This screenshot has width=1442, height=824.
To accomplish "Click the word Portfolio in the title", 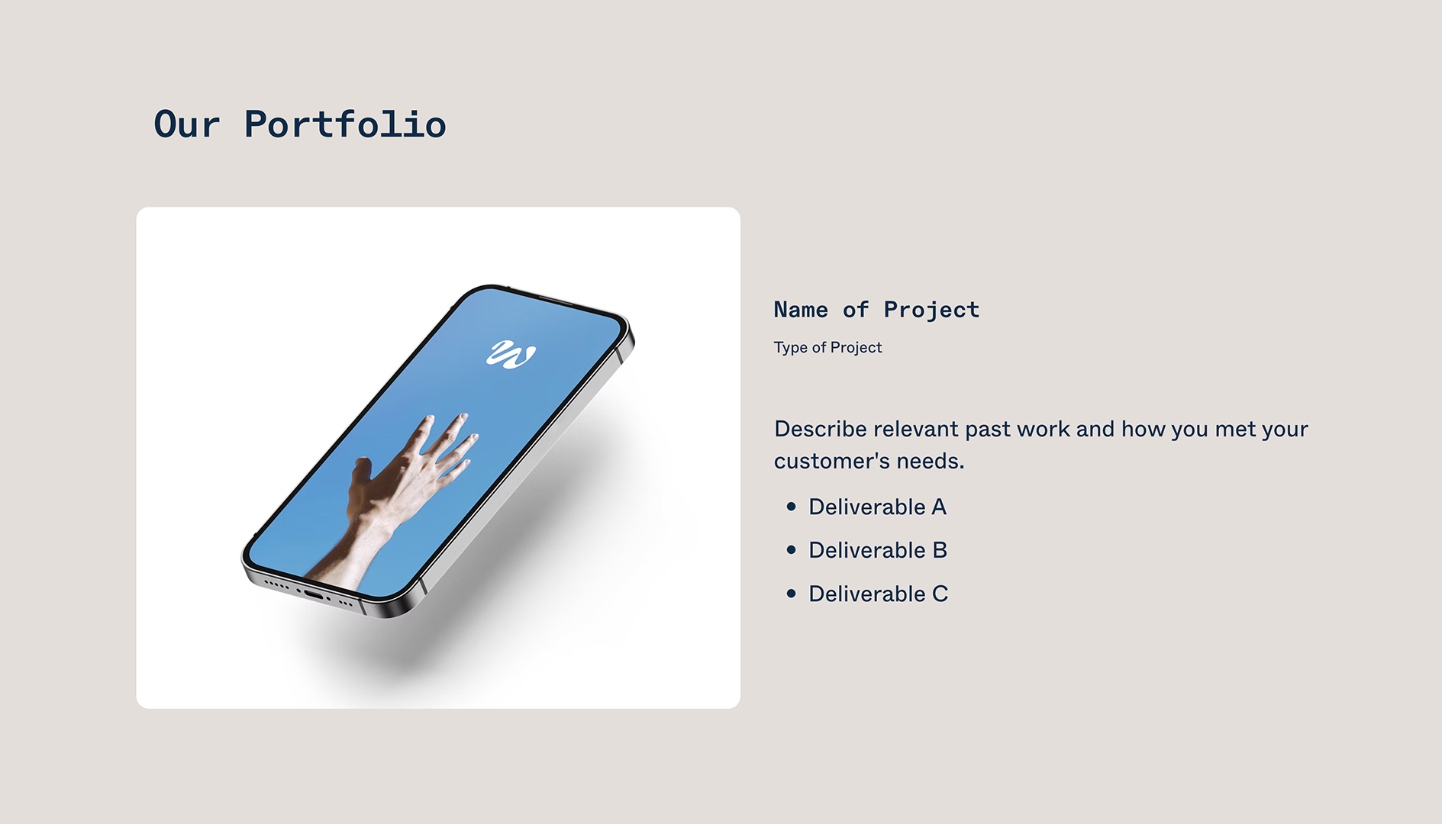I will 345,124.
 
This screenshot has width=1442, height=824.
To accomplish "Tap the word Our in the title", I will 187,124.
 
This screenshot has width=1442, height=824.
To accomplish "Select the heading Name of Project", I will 876,310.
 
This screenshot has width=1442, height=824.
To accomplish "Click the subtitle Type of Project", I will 827,348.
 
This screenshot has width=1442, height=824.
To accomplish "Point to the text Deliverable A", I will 877,507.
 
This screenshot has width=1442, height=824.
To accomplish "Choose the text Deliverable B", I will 878,551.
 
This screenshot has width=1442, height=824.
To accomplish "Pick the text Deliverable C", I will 878,594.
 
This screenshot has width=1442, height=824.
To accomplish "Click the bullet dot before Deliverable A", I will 791,507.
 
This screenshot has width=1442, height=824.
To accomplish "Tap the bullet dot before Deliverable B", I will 791,550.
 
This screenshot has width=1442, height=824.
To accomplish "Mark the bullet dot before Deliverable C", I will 791,594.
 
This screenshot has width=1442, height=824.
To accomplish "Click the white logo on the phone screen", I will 511,354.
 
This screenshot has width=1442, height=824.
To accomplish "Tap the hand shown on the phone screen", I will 405,481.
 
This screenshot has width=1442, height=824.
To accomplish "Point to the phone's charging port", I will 314,594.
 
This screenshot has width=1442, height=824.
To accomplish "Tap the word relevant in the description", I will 916,430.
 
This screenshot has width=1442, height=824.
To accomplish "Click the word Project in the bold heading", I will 931,310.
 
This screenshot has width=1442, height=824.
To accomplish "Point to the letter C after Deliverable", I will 940,594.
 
